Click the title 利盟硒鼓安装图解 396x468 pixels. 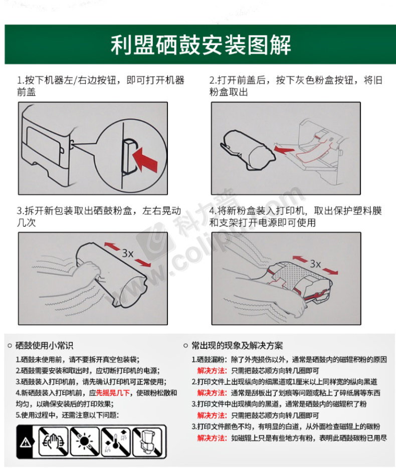[x=201, y=45]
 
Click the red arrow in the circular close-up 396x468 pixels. [x=145, y=159]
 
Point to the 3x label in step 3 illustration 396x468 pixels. [x=127, y=254]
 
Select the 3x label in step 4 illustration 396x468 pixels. [x=315, y=264]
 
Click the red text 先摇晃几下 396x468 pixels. [x=113, y=393]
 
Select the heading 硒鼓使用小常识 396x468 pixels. [x=44, y=346]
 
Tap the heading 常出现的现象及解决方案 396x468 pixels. [x=237, y=346]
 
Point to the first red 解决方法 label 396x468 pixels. [x=212, y=371]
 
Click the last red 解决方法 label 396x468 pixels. [x=212, y=438]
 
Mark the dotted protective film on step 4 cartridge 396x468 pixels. [x=291, y=276]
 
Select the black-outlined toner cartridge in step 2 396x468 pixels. [x=248, y=150]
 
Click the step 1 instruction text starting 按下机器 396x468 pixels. [x=101, y=86]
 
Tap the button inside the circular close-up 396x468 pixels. [x=128, y=157]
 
